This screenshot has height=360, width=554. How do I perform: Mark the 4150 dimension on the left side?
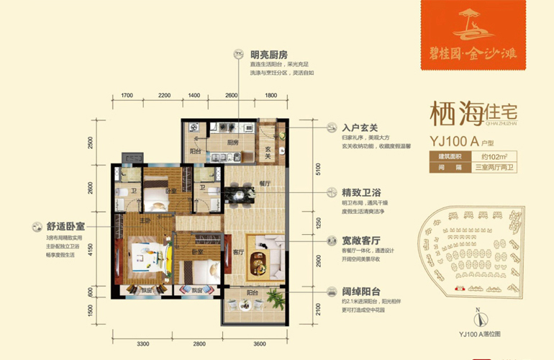[x=91, y=249]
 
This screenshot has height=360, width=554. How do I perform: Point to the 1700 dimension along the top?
[x=127, y=95]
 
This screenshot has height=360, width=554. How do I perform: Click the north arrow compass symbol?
[x=476, y=318]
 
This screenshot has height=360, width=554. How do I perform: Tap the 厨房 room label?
[x=232, y=143]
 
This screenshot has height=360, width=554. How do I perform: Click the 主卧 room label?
[x=145, y=220]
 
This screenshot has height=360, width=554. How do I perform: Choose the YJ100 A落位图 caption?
[x=478, y=333]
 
